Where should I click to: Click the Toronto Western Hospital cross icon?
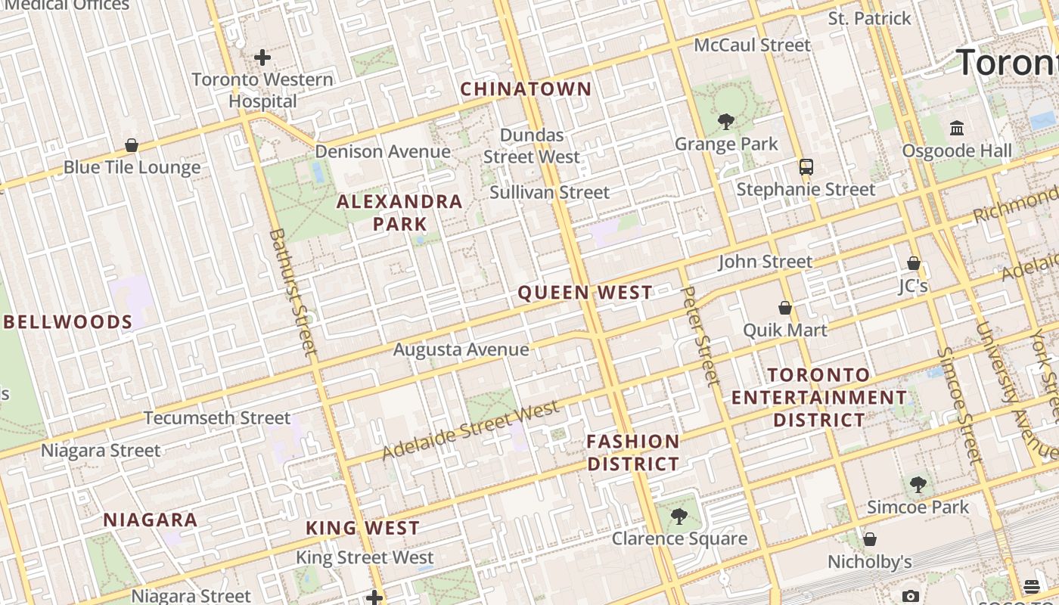(x=262, y=57)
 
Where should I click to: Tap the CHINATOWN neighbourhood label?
(x=526, y=89)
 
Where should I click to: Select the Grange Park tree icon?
(x=726, y=121)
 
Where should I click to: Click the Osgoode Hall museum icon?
(x=957, y=128)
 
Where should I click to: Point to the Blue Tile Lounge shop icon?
(x=132, y=145)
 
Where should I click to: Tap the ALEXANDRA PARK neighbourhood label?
(x=399, y=213)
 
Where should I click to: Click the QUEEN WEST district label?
(x=585, y=293)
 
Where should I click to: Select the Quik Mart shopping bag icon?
(x=785, y=308)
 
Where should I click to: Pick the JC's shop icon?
(x=914, y=263)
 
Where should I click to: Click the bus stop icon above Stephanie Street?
(x=806, y=167)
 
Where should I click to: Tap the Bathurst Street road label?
(x=291, y=292)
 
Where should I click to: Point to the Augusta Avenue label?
(x=461, y=349)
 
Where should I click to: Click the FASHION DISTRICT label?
(x=633, y=452)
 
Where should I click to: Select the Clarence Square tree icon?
(x=679, y=517)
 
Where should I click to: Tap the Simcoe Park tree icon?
(x=918, y=484)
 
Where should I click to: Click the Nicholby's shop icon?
(x=870, y=539)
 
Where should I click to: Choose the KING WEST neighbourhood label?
(x=362, y=528)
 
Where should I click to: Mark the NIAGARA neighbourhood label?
(x=151, y=520)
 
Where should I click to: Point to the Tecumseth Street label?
(x=217, y=417)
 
